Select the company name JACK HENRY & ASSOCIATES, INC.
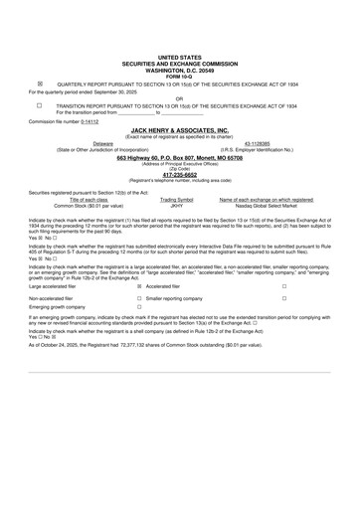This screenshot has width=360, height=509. pyautogui.click(x=180, y=130)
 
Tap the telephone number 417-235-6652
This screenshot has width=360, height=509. pyautogui.click(x=180, y=176)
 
